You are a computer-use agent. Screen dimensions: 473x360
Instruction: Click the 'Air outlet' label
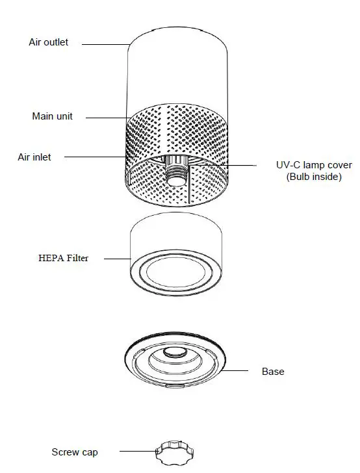(48, 42)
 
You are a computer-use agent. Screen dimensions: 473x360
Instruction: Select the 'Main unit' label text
(52, 116)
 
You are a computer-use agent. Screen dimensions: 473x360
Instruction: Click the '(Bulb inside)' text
(314, 176)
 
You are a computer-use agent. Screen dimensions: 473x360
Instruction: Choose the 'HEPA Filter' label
(62, 258)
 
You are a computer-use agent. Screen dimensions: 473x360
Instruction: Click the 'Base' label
(273, 372)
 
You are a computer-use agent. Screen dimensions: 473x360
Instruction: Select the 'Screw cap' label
(75, 452)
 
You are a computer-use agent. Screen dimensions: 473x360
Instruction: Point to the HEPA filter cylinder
(176, 240)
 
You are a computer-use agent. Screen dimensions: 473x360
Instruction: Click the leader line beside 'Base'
(237, 371)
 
